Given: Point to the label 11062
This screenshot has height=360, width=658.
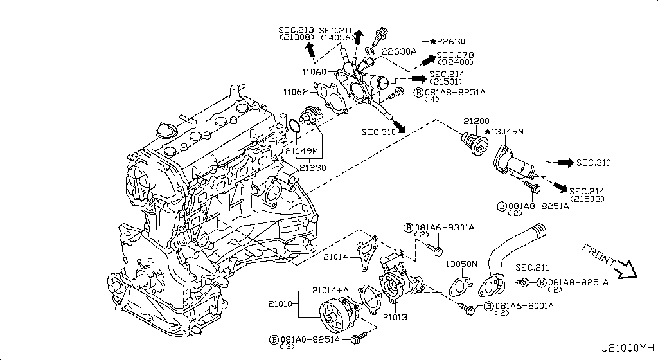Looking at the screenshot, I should [x=297, y=93].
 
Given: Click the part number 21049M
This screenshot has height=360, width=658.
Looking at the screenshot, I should [x=302, y=151].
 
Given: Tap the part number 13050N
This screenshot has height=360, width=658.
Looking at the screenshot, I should [x=461, y=264].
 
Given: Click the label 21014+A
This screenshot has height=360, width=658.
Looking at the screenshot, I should [x=332, y=290].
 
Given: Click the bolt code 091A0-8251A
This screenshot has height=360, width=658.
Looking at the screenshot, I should [x=310, y=339].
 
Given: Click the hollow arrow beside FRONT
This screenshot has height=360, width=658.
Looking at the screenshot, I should [x=624, y=271].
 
